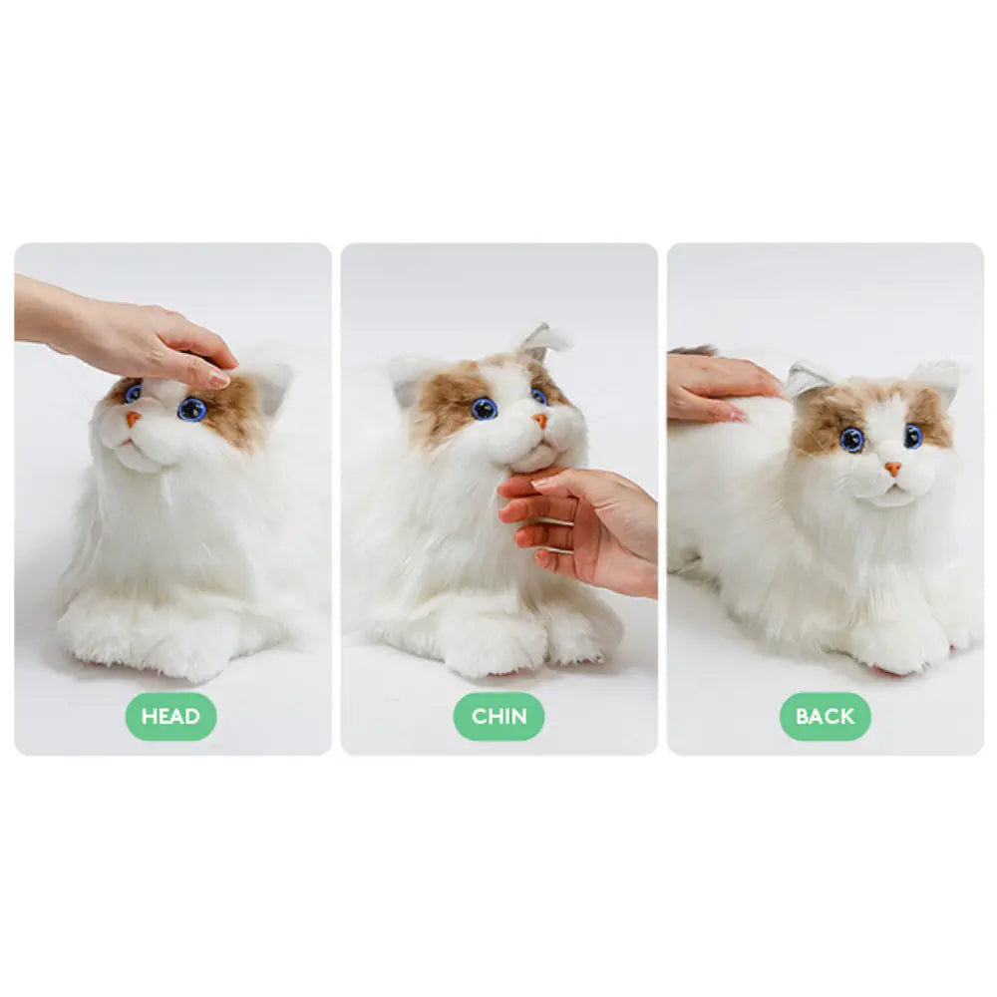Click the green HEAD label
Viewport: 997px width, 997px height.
coord(170,716)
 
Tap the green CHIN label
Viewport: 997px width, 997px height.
coord(498,716)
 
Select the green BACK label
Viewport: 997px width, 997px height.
coord(825,716)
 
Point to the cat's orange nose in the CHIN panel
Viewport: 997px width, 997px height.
coord(539,421)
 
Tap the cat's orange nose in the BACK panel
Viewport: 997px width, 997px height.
coord(893,468)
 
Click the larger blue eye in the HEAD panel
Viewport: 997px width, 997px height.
coord(191,409)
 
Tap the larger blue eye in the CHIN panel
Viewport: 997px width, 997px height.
coord(485,408)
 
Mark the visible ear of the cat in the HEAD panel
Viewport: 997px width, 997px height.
coord(267,384)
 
